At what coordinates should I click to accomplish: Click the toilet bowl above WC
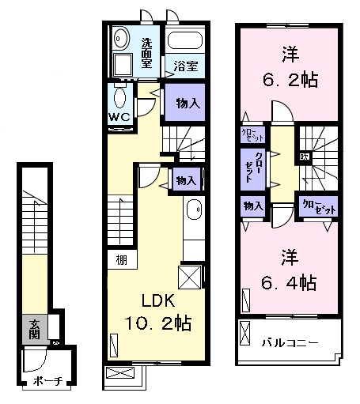(x=120, y=99)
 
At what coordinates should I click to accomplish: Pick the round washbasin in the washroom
(x=121, y=38)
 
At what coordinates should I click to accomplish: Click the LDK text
(x=157, y=301)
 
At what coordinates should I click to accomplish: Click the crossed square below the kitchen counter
(x=191, y=278)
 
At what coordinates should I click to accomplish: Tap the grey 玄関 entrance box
(x=36, y=328)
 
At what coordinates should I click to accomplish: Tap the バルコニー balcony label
(x=290, y=343)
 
